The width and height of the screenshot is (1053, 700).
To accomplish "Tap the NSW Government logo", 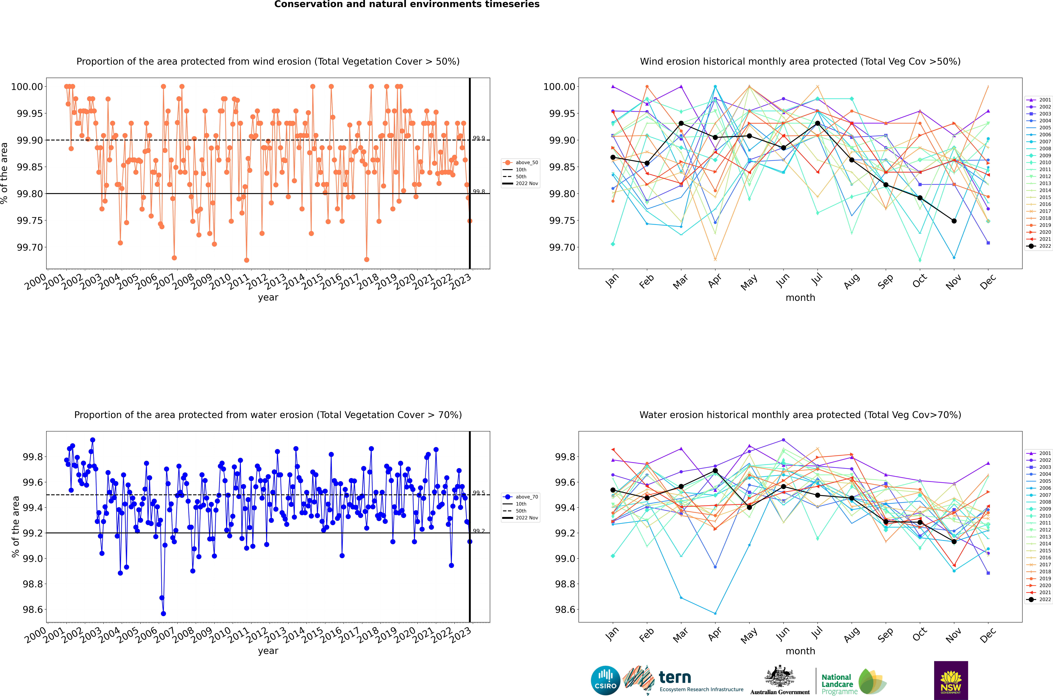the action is pos(951,680).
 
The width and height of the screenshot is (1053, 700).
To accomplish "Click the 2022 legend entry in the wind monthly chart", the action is pos(1038,246).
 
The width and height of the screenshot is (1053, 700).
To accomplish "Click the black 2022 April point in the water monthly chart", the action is pos(715,471).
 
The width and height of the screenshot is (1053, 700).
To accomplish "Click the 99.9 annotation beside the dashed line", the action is pos(479,138).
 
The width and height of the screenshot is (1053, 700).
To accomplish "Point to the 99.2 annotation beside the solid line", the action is pos(479,531).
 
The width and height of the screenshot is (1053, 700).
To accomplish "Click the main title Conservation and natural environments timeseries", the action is pos(407,4).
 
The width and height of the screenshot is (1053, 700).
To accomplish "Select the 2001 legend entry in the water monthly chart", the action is pos(1038,453).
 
